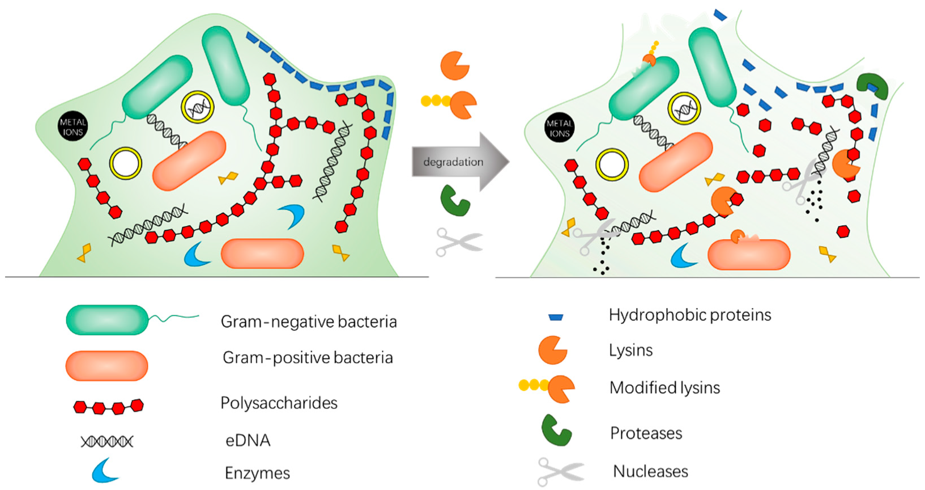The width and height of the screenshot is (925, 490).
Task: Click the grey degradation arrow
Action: [457, 162]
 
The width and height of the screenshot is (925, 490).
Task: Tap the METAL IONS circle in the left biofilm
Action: [73, 126]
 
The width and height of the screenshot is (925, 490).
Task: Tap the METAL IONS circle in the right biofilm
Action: [559, 128]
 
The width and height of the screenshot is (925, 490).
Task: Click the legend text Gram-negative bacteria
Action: [309, 322]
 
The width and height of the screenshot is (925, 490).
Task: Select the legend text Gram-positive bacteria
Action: [308, 357]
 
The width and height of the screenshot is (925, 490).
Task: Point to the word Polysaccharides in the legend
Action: [279, 403]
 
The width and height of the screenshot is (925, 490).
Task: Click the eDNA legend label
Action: [248, 440]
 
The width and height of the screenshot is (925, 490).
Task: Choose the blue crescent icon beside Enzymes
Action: [105, 471]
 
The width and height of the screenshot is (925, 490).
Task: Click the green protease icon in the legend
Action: [556, 431]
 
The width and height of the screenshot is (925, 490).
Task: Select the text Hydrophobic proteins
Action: [690, 315]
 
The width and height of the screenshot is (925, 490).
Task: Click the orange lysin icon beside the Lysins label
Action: [552, 350]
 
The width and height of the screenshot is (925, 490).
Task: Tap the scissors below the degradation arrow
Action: [458, 242]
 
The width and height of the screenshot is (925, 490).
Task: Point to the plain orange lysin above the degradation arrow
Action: [454, 65]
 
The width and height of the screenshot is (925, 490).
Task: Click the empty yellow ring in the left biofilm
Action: [125, 163]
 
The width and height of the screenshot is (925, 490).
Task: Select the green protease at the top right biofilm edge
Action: [871, 86]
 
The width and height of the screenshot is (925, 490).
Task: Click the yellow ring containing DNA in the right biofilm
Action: [684, 108]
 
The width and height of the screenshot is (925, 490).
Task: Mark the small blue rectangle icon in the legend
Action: [556, 317]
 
